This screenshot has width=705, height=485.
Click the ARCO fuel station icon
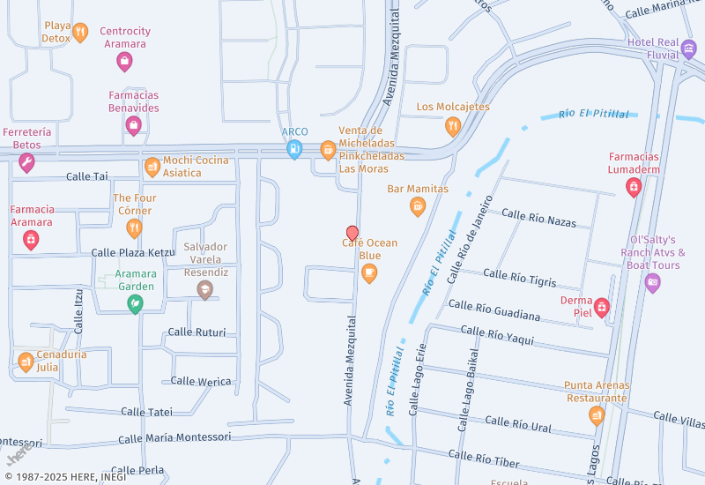(293, 150)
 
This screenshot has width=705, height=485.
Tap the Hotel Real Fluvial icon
(688, 48)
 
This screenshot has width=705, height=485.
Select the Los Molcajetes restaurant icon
(452, 125)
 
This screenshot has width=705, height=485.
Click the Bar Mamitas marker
(418, 206)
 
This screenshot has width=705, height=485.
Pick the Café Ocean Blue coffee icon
(369, 273)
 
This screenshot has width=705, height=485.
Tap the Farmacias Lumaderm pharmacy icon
(633, 186)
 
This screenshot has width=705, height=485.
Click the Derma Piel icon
(602, 307)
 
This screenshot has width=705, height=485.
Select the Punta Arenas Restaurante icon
(597, 414)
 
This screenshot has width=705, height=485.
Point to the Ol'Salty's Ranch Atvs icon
(652, 283)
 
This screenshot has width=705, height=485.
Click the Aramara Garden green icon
(136, 304)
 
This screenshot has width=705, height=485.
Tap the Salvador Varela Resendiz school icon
(205, 290)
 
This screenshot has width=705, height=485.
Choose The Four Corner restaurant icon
(134, 229)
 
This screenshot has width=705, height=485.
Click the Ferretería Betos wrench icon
(26, 163)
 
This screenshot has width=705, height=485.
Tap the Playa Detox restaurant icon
(80, 34)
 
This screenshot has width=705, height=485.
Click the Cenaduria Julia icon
(26, 362)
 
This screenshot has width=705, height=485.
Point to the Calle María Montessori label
(174, 437)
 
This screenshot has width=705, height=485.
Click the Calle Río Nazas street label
(538, 218)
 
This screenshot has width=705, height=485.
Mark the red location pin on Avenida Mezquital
(352, 233)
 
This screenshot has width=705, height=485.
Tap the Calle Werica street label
(201, 381)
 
